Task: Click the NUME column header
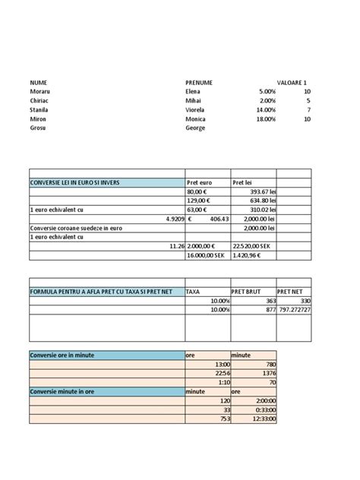tap(38, 81)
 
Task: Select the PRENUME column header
tap(198, 81)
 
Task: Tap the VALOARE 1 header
tap(292, 81)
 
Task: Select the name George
tap(195, 128)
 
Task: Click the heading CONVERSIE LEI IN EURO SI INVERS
tap(74, 182)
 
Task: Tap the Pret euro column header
tap(199, 182)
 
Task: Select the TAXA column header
tap(194, 291)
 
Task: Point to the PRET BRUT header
tap(247, 291)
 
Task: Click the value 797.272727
tap(294, 310)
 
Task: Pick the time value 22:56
tap(222, 373)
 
